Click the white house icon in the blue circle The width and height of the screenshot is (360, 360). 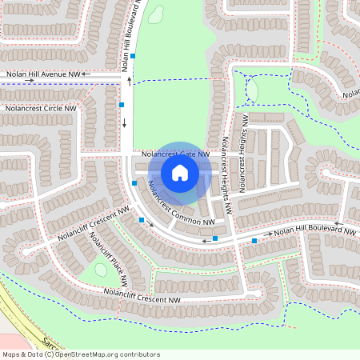click(180, 172)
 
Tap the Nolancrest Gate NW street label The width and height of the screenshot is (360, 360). click(175, 153)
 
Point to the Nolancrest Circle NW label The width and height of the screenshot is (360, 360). click(40, 107)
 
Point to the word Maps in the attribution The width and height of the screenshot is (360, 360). click(12, 354)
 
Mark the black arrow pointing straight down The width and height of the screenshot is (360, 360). click(125, 123)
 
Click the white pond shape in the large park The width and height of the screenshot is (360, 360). click(155, 14)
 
